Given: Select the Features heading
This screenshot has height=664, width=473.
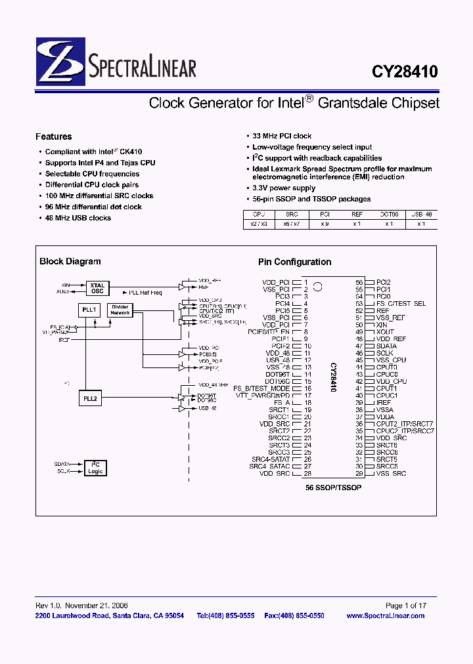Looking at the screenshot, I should (54, 136).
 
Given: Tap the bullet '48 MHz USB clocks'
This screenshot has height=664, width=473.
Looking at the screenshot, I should (78, 218).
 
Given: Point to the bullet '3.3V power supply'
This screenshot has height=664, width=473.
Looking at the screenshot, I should (284, 188).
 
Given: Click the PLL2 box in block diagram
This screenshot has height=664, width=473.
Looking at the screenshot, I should (89, 398).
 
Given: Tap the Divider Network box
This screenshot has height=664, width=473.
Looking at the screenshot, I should (120, 310).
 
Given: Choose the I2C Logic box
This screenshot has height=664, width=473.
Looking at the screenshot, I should (96, 468).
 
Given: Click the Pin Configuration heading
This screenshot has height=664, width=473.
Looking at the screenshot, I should (294, 262).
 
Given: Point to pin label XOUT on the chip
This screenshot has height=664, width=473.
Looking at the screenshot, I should (385, 332).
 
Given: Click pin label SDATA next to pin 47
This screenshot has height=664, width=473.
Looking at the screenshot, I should (386, 346).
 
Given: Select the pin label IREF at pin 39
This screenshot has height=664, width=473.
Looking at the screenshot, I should (384, 402).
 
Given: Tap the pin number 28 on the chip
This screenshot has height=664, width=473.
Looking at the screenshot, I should (307, 474).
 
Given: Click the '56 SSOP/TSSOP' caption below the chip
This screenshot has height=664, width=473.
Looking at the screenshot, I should (333, 488).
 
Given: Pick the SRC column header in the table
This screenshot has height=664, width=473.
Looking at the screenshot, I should (291, 214).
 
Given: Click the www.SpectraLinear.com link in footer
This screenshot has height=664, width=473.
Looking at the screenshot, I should (385, 615).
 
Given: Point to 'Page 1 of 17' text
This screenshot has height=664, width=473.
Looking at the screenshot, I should (405, 606).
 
